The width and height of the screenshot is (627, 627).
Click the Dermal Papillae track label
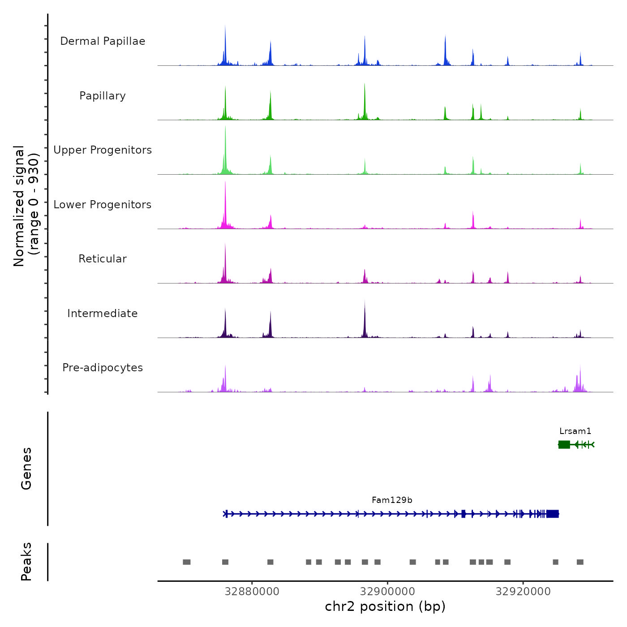103,41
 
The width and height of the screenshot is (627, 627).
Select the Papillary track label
103,96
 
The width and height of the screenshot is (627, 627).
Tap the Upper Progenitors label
103,150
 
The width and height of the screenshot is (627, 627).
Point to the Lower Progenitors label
103,205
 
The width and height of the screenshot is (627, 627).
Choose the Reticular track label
103,259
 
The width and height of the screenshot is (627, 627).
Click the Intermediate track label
103,313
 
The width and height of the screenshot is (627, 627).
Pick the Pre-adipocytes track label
103,368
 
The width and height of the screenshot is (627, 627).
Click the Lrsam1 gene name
575,431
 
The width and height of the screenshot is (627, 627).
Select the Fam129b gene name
392,500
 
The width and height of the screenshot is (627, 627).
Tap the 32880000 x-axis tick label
252,592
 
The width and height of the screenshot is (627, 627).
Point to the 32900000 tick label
387,592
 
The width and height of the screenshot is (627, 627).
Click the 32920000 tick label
523,592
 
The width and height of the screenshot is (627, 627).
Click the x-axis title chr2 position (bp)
385,607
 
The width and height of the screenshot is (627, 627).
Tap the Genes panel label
26,468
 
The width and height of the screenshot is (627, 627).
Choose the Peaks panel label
26,562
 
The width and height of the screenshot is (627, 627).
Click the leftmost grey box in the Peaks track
187,562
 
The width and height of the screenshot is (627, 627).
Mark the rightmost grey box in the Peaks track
580,562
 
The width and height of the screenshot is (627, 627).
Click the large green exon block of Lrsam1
564,444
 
